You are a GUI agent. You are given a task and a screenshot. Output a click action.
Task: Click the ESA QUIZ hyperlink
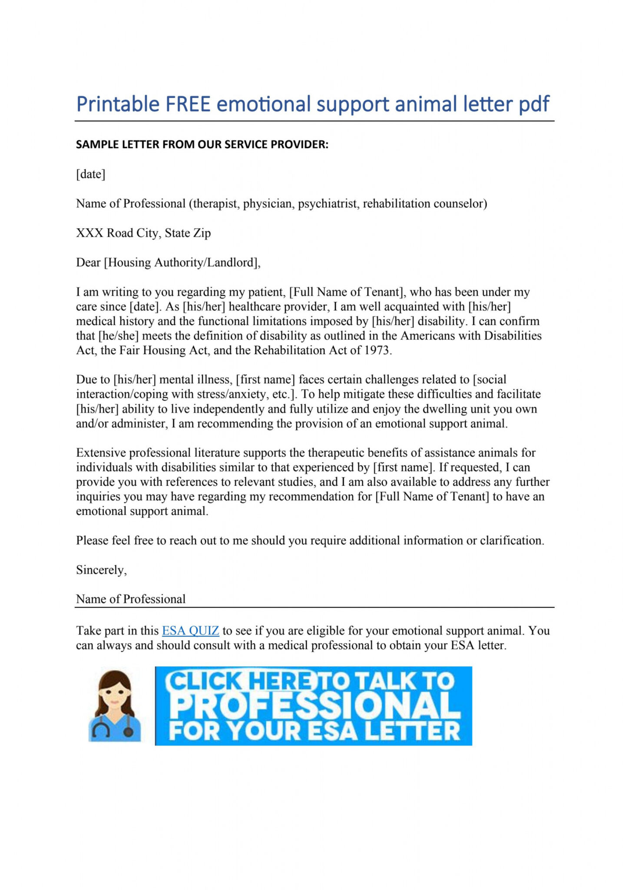[190, 631]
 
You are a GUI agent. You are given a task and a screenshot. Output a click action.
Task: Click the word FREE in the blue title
[187, 104]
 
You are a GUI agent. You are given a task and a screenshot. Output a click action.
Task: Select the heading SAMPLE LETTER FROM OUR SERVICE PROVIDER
[202, 145]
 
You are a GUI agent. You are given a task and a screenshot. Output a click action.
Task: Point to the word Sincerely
[101, 570]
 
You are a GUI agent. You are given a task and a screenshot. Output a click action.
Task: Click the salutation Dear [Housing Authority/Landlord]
[168, 262]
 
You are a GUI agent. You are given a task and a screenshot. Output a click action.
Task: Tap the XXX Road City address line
[143, 233]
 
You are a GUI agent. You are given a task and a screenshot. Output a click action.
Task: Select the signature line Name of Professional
[131, 599]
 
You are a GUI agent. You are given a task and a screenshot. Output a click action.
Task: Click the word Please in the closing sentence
[92, 541]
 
